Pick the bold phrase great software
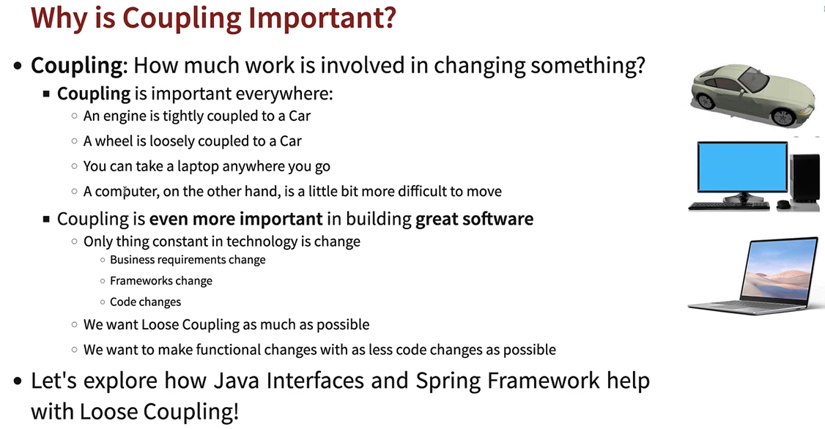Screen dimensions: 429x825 click(x=474, y=219)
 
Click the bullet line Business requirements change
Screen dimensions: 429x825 click(x=188, y=260)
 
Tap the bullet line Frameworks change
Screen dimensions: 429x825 click(x=160, y=281)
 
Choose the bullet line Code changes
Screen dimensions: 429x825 click(x=145, y=302)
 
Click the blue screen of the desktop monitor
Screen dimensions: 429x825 click(x=741, y=168)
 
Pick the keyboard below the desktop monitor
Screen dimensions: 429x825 click(x=729, y=206)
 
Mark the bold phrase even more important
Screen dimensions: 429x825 click(x=236, y=219)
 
